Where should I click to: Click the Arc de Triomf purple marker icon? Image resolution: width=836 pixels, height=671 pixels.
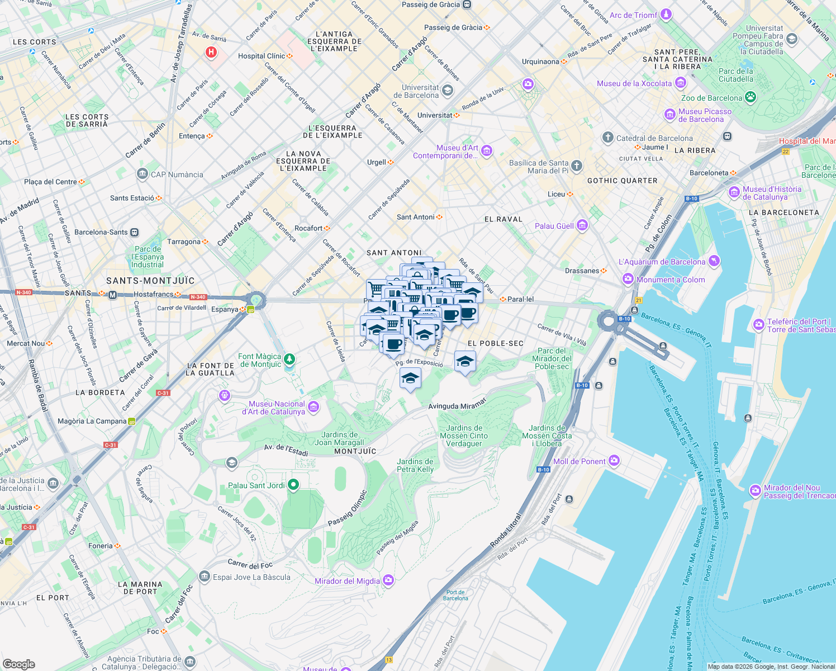666,15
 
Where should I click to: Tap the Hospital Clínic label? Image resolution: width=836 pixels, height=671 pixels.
262,56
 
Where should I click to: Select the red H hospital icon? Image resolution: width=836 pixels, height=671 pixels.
211,53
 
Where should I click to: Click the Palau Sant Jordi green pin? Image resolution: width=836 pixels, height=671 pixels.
293,485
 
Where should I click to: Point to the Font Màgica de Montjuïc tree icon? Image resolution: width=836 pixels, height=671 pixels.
289,358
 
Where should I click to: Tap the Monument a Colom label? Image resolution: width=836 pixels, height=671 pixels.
671,280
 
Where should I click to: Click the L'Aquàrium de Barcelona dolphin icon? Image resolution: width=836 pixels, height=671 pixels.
714,261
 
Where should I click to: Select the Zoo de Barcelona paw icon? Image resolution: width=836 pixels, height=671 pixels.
750,97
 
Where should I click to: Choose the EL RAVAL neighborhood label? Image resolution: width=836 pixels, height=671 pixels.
503,219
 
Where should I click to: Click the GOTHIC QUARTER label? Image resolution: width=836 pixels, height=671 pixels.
622,181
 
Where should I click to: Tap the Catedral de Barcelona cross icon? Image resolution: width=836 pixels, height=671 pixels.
608,138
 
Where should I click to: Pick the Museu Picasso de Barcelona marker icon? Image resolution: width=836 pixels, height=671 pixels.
669,115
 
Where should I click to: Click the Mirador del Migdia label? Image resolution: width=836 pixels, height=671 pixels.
347,581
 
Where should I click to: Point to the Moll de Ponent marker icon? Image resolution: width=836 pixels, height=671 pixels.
614,461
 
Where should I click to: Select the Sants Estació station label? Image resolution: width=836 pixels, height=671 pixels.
132,198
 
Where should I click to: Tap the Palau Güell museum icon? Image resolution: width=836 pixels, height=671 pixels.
582,225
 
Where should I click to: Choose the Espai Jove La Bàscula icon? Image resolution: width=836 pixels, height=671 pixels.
205,577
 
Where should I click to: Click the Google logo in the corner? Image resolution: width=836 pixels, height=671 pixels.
18,664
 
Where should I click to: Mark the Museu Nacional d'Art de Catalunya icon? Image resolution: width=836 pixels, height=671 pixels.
313,407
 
